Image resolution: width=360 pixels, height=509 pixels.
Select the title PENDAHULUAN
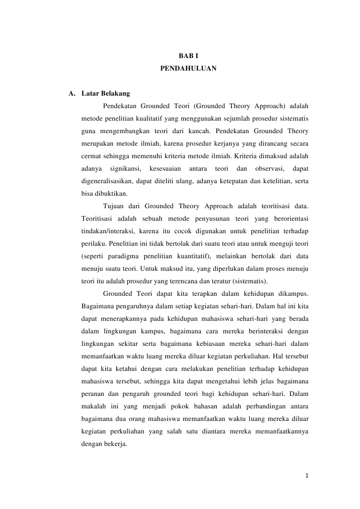pos(188,67)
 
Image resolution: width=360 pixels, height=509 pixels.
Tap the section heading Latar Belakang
pos(106,93)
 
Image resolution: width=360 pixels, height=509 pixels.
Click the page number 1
pos(306,475)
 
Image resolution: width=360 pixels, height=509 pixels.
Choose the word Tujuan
pos(115,206)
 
